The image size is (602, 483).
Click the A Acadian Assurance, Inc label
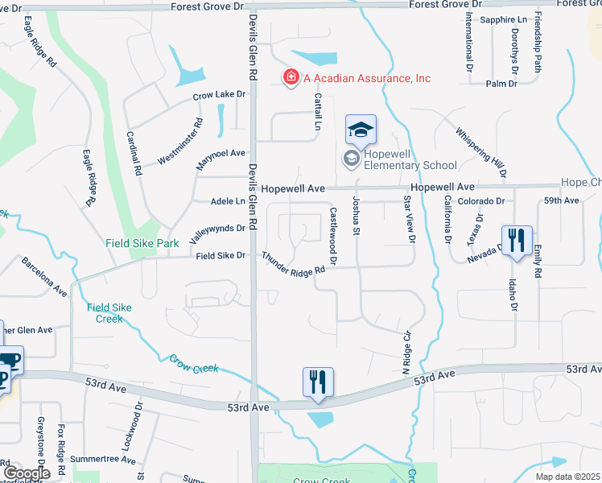367,78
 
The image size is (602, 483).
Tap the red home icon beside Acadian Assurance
291,77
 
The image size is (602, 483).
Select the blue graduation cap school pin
361,129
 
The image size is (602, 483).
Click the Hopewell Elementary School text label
410,159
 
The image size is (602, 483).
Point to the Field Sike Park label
142,242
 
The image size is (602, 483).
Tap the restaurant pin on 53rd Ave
318,382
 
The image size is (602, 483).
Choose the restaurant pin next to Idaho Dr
517,240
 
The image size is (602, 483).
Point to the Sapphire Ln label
503,19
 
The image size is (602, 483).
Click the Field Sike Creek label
105,312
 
